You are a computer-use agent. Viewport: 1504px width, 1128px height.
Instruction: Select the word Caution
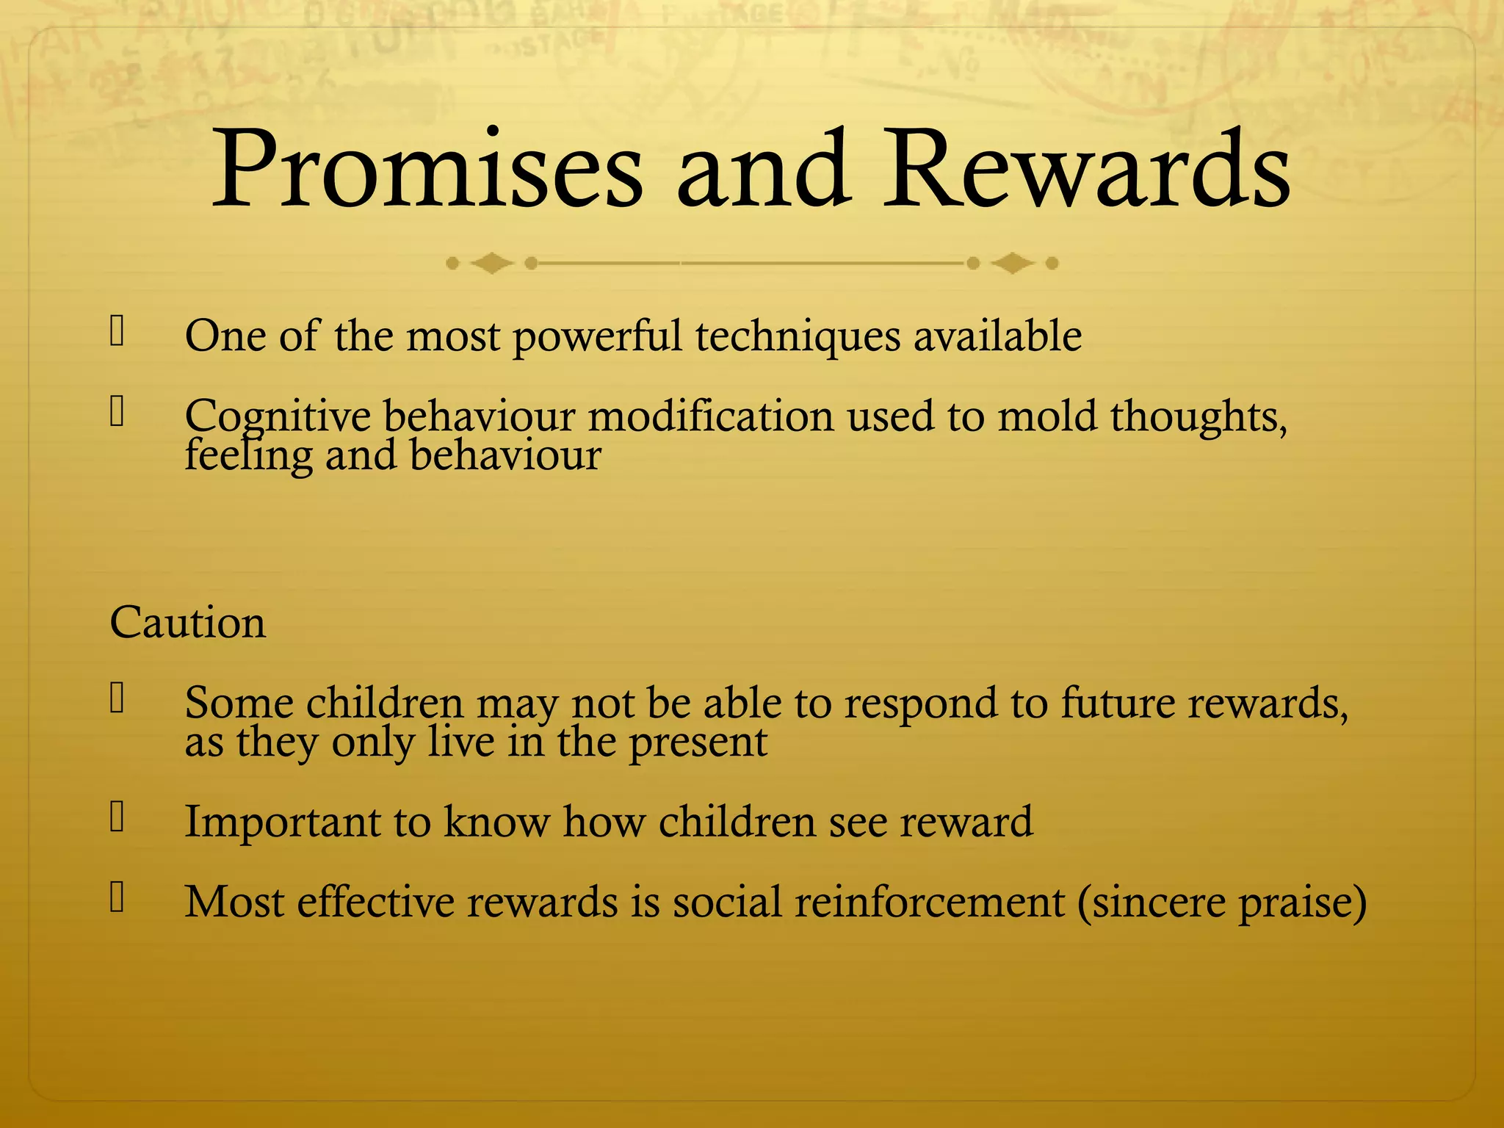click(x=187, y=623)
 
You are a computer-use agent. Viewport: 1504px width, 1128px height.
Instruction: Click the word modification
click(x=710, y=417)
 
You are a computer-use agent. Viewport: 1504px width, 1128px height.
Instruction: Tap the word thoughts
click(x=1198, y=417)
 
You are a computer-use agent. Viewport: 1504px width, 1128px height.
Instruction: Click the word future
click(x=1118, y=704)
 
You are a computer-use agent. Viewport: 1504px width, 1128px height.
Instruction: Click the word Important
click(x=282, y=822)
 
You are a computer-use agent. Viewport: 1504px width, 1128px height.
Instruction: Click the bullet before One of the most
click(x=117, y=331)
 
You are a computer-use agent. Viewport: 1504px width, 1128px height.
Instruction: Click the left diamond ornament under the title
click(x=491, y=263)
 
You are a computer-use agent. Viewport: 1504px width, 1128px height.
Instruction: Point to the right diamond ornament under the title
click(x=1013, y=263)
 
